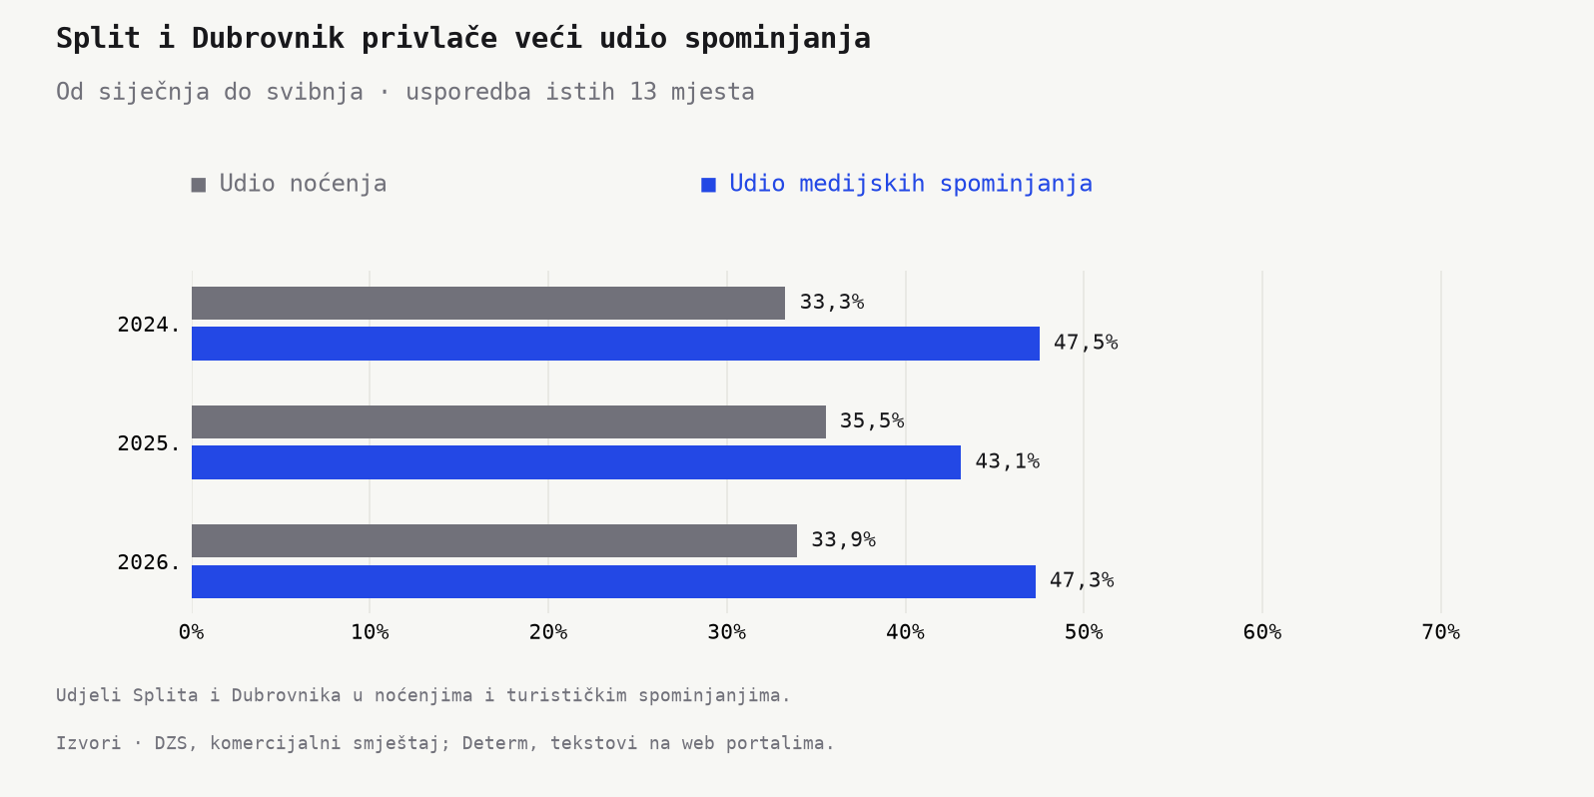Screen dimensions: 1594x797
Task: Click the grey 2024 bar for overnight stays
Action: point(488,304)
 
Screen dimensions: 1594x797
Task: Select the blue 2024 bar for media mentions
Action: point(615,344)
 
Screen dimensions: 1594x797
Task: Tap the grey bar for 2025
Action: point(508,422)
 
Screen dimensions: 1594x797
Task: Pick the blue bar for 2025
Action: point(575,462)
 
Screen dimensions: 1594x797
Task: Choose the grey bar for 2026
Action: point(493,541)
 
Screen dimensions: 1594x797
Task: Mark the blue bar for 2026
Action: point(613,581)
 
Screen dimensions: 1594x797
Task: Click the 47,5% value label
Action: point(1086,343)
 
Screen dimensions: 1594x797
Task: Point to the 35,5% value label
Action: point(872,421)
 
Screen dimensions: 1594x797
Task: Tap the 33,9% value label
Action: point(843,540)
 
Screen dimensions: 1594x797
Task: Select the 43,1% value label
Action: point(1007,461)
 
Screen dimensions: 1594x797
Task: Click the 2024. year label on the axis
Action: point(149,326)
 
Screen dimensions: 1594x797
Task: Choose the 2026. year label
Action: point(149,563)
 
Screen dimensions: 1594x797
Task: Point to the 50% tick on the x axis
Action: point(1084,632)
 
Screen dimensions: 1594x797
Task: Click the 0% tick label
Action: point(192,632)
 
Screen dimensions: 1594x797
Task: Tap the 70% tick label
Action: point(1441,632)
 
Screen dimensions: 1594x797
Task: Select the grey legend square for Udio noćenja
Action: point(199,185)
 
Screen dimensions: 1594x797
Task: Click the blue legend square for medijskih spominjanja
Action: point(709,185)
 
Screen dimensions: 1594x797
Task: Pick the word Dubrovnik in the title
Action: point(268,38)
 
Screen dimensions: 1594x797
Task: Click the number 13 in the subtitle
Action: point(643,92)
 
